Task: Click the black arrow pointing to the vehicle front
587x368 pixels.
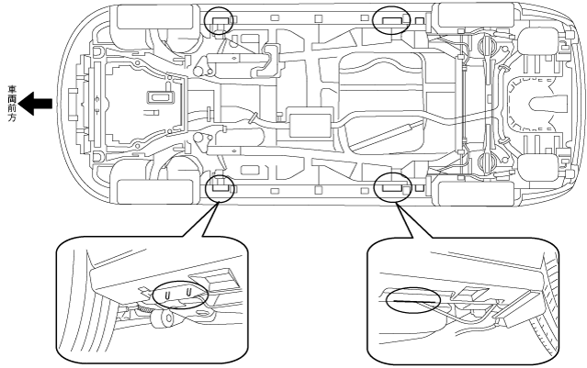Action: coord(36,104)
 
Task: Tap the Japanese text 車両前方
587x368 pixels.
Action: coord(12,105)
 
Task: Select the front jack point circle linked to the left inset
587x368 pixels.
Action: coord(220,188)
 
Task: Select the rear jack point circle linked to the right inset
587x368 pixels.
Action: coord(392,188)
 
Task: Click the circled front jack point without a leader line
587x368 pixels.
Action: coord(219,20)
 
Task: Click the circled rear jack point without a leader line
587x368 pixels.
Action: coord(391,20)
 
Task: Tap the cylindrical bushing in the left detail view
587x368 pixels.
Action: coord(164,319)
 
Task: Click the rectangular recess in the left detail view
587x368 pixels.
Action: coord(214,279)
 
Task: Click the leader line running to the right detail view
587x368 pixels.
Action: coord(413,220)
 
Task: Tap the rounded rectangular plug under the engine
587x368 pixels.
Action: coord(161,97)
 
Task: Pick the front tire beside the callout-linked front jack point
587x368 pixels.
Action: coord(155,192)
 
